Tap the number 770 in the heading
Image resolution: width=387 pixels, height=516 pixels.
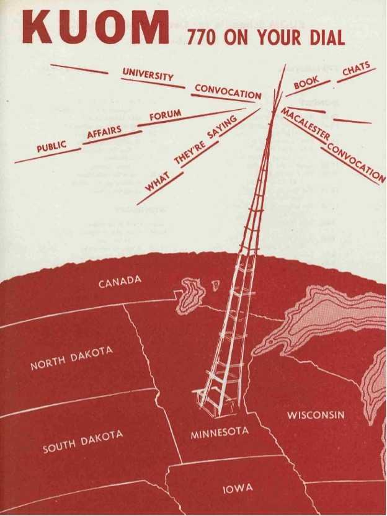201,38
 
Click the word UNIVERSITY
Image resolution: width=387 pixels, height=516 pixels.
148,76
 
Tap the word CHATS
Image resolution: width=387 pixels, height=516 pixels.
356,71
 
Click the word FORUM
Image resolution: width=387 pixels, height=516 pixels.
166,115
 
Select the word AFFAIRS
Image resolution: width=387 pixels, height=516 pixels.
104,132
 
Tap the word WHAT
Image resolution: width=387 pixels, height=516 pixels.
158,181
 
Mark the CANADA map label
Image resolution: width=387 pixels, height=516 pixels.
120,283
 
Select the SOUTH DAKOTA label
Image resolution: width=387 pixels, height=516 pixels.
82,441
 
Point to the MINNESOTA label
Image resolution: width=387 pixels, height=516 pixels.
220,432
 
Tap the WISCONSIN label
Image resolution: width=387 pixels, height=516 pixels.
315,414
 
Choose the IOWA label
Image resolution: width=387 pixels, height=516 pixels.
238,489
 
